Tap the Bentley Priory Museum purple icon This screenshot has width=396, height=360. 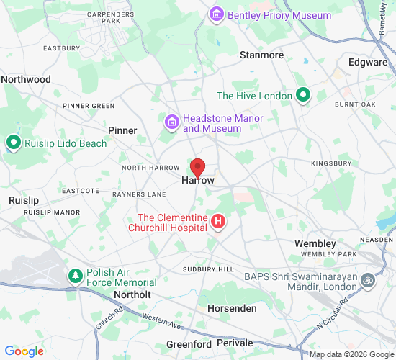click(x=216, y=14)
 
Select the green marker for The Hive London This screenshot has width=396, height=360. click(x=304, y=94)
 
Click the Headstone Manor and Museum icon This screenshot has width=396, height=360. click(x=171, y=122)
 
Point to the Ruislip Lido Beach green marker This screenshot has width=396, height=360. click(x=13, y=143)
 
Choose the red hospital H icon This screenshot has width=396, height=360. click(x=218, y=223)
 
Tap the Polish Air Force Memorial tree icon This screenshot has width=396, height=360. click(x=75, y=276)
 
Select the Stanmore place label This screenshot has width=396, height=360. click(x=261, y=55)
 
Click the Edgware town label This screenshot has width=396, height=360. click(x=368, y=63)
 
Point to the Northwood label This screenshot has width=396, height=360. click(x=26, y=79)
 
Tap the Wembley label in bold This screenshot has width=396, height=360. click(x=315, y=244)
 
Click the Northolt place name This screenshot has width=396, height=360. click(x=132, y=295)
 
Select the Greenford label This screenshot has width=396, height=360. click(x=189, y=345)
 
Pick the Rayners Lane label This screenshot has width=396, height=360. click(x=139, y=194)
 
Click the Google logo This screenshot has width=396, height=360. click(x=24, y=351)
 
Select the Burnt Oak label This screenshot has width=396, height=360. click(x=355, y=105)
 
